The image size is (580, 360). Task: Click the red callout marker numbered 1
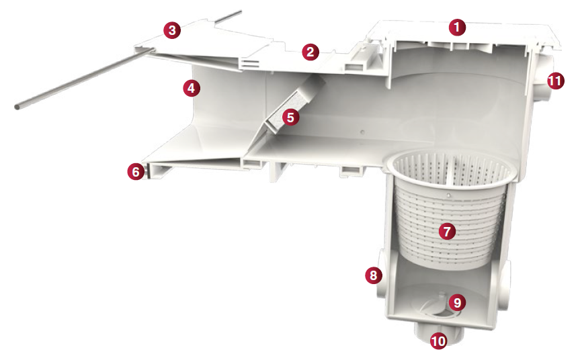pyautogui.click(x=457, y=28)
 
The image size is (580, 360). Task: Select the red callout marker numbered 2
pyautogui.click(x=310, y=52)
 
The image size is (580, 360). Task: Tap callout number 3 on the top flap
pyautogui.click(x=172, y=30)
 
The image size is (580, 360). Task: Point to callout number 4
pyautogui.click(x=192, y=88)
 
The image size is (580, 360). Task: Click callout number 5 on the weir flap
pyautogui.click(x=290, y=117)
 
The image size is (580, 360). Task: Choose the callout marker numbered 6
pyautogui.click(x=136, y=171)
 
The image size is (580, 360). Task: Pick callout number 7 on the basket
pyautogui.click(x=447, y=231)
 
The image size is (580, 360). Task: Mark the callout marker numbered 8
pyautogui.click(x=373, y=275)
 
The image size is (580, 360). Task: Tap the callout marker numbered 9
pyautogui.click(x=457, y=303)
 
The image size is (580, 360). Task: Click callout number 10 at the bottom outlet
pyautogui.click(x=438, y=341)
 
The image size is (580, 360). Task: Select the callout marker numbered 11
pyautogui.click(x=555, y=81)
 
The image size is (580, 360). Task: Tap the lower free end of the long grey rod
pyautogui.click(x=17, y=107)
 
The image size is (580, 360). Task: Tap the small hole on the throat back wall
pyautogui.click(x=362, y=132)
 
